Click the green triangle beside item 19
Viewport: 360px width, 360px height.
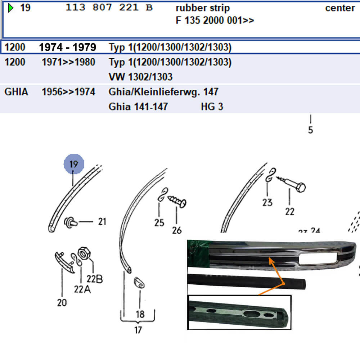pyautogui.click(x=10, y=8)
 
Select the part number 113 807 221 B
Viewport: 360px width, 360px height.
pyautogui.click(x=109, y=8)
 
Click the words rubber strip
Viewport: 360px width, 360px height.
pyautogui.click(x=203, y=8)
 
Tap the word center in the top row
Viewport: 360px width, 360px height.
pyautogui.click(x=340, y=8)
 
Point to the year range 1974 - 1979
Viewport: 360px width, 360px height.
pyautogui.click(x=68, y=47)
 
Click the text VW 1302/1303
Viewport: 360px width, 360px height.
pyautogui.click(x=140, y=77)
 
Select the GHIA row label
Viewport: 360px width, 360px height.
pyautogui.click(x=16, y=92)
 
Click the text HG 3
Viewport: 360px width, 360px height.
pyautogui.click(x=212, y=107)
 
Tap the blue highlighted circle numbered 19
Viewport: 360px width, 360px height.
pyautogui.click(x=74, y=164)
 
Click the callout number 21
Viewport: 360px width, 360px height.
pyautogui.click(x=102, y=221)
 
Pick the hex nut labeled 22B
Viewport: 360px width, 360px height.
pyautogui.click(x=84, y=253)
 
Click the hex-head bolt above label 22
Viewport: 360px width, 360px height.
pyautogui.click(x=291, y=184)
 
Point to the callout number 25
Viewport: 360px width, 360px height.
pyautogui.click(x=159, y=223)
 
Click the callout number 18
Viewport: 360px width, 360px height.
pyautogui.click(x=140, y=314)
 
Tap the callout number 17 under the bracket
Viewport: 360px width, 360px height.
pyautogui.click(x=138, y=330)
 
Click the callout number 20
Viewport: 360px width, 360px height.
pyautogui.click(x=62, y=303)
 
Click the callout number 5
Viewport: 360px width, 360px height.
pyautogui.click(x=310, y=130)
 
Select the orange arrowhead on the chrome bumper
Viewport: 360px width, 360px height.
pyautogui.click(x=271, y=261)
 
